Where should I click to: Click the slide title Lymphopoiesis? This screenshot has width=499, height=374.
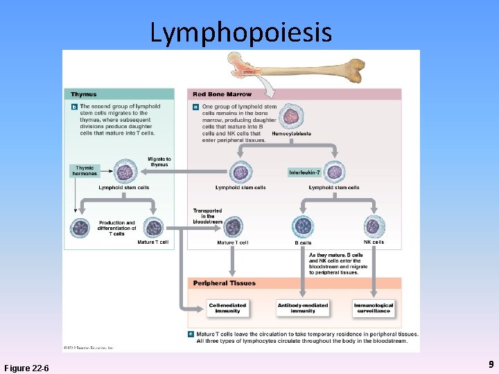(x=240, y=32)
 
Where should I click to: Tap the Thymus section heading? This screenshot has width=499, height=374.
(x=84, y=94)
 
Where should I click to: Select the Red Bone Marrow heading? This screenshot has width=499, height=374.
(x=222, y=94)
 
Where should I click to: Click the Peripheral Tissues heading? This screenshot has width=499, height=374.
(x=224, y=283)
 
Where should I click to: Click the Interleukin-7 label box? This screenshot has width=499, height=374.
(x=305, y=172)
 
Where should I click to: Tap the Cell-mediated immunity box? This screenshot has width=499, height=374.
(x=227, y=308)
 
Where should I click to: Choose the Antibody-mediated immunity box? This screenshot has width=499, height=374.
(x=303, y=308)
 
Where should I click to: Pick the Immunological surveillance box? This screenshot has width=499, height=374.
(x=374, y=308)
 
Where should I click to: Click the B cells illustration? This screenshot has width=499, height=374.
(x=303, y=226)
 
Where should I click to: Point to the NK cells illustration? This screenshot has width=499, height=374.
(x=374, y=226)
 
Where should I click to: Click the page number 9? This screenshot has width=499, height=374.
(x=491, y=364)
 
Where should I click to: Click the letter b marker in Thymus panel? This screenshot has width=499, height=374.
(x=74, y=107)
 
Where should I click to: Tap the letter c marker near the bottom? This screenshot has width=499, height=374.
(x=191, y=334)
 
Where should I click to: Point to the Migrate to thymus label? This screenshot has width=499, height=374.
(x=159, y=161)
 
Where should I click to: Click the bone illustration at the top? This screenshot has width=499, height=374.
(x=298, y=69)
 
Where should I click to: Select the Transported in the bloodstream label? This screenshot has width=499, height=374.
(x=207, y=216)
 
